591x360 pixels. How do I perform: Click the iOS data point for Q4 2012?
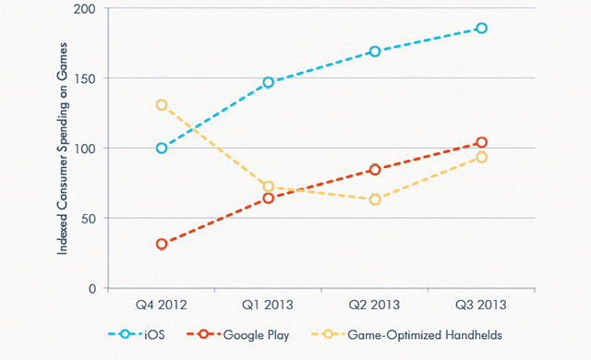[x=162, y=148]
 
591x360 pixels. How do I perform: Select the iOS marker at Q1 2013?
[x=269, y=82]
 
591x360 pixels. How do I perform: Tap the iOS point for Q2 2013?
[x=375, y=52]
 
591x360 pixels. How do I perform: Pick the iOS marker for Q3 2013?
[x=481, y=29]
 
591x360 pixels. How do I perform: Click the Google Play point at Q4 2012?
[x=162, y=245]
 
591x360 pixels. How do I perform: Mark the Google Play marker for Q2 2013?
[x=375, y=170]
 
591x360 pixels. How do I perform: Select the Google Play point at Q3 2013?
[x=481, y=142]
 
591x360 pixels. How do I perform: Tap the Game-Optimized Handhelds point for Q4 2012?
[x=162, y=104]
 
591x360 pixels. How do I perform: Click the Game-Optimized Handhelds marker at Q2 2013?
[x=375, y=199]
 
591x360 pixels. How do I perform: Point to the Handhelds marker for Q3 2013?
[x=481, y=157]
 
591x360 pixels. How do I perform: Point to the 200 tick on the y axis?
[x=88, y=7]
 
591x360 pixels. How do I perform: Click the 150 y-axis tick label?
[x=88, y=78]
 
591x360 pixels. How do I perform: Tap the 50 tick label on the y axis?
[x=90, y=218]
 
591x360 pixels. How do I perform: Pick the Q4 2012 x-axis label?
[x=162, y=304]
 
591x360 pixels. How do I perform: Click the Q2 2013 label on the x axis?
[x=375, y=304]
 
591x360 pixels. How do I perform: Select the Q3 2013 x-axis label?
[x=481, y=304]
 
